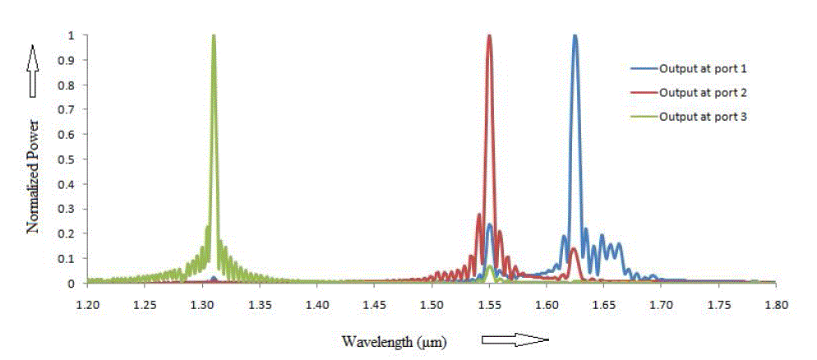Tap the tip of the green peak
pos(214,36)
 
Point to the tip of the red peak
pos(489,36)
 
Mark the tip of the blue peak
pos(575,36)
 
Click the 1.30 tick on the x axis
pos(202,304)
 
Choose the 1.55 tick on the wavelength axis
pos(489,304)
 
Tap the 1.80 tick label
pos(775,304)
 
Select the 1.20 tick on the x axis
pos(88,304)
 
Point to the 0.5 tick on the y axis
pos(72,159)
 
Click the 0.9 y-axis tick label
pos(72,60)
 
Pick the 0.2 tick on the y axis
pos(72,233)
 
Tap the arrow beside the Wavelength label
pos(514,339)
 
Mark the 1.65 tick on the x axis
pos(603,304)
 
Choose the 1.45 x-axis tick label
pos(374,304)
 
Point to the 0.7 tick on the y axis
pos(72,109)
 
